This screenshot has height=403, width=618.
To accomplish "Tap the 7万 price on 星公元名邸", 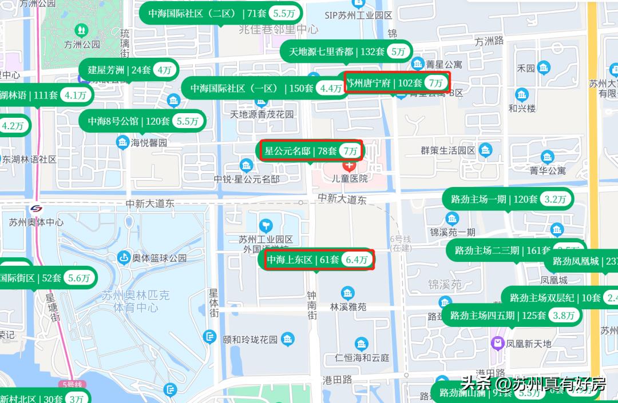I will pos(350,151).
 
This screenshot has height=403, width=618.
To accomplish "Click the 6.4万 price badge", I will pos(357,260).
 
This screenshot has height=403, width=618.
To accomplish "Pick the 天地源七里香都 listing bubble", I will pos(346,51).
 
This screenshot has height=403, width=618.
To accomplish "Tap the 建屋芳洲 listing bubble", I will pos(128,70).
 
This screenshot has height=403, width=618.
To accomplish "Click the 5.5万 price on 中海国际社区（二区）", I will pos(284,13).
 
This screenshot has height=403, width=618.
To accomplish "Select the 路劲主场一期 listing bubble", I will pos(507,199).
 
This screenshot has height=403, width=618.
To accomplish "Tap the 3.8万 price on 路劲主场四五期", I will pos(564,315).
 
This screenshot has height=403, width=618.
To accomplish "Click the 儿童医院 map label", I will pos(350,178).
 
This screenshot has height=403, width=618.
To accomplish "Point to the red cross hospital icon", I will pos(349,165).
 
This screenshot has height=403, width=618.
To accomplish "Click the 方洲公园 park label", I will pos(82,43).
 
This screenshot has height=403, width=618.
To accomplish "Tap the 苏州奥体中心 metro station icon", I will pos(36,209).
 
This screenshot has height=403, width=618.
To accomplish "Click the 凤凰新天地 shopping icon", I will pos(497,343).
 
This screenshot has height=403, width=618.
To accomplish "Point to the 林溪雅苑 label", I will pos(348,307).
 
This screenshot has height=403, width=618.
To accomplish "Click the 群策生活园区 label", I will pos(448,150).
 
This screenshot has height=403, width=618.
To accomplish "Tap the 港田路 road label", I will pos(337,380).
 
